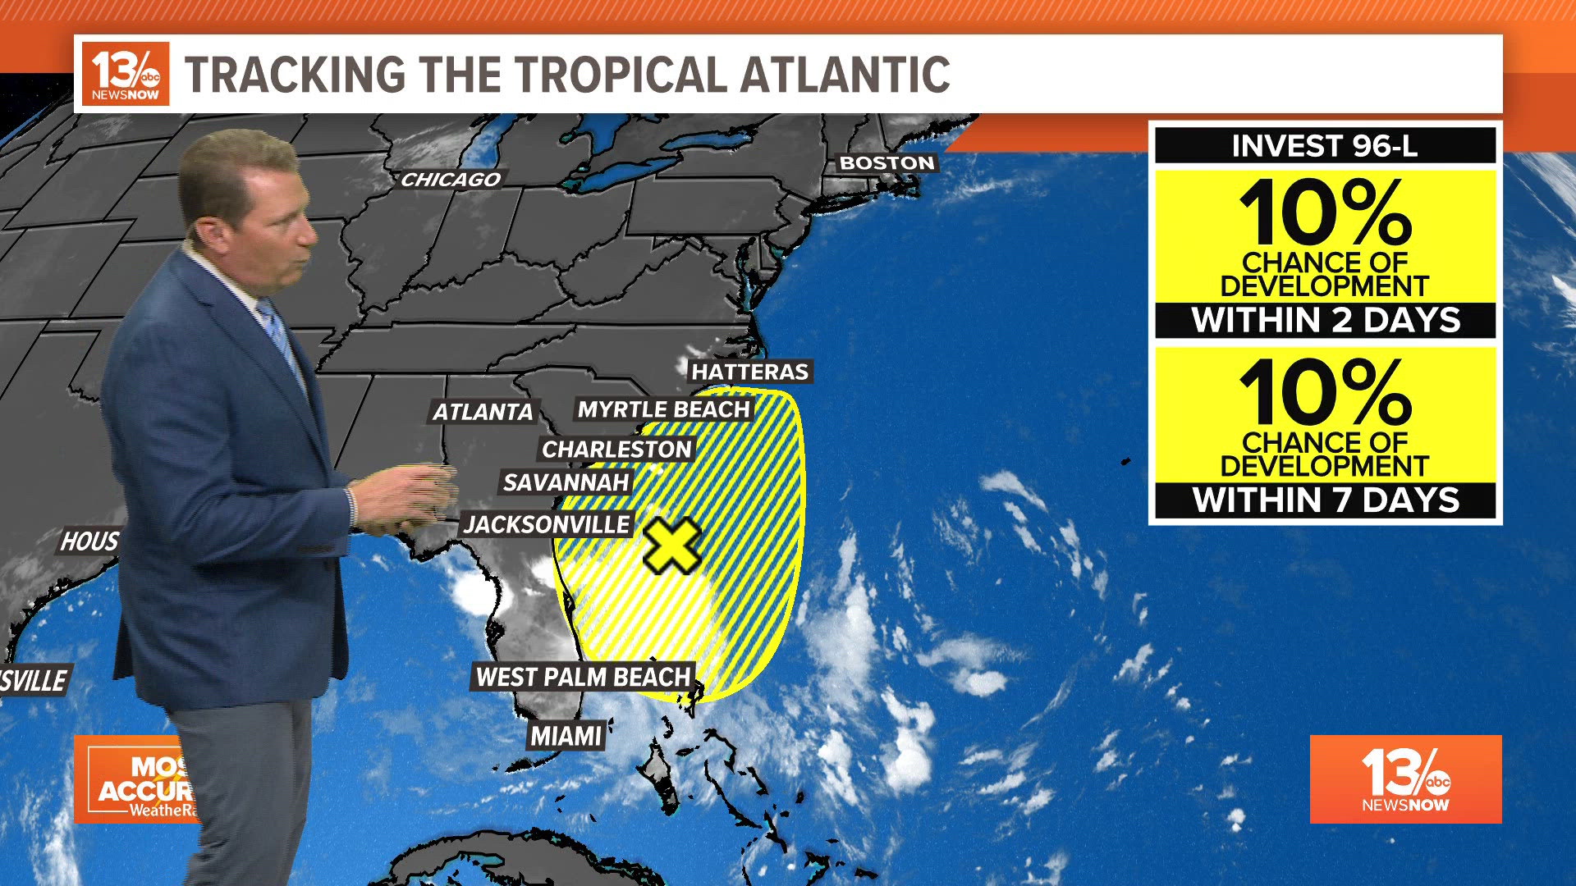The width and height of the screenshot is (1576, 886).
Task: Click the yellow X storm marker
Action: click(671, 546)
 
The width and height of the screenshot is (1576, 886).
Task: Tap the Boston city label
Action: click(886, 163)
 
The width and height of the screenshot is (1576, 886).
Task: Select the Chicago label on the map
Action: click(451, 180)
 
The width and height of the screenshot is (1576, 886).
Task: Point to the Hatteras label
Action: click(749, 372)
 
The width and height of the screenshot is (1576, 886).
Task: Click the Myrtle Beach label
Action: click(663, 409)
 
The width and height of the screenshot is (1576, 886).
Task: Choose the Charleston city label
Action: click(616, 450)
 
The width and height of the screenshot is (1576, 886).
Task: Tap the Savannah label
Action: click(566, 482)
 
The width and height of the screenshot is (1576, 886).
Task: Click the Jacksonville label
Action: click(547, 524)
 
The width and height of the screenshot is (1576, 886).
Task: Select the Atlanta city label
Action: click(483, 412)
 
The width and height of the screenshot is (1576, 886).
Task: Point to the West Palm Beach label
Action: click(584, 677)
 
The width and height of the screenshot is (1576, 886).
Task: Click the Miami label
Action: click(566, 736)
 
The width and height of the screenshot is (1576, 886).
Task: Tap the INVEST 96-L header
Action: click(1324, 146)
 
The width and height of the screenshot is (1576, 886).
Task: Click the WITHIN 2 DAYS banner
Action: click(1325, 320)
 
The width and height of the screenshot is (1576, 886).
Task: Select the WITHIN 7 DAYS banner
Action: click(1325, 500)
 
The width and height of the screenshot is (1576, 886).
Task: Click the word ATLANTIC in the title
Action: click(845, 75)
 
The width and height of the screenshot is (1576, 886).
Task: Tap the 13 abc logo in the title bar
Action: click(126, 75)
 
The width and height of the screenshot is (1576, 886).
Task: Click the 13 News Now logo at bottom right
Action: click(1405, 779)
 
